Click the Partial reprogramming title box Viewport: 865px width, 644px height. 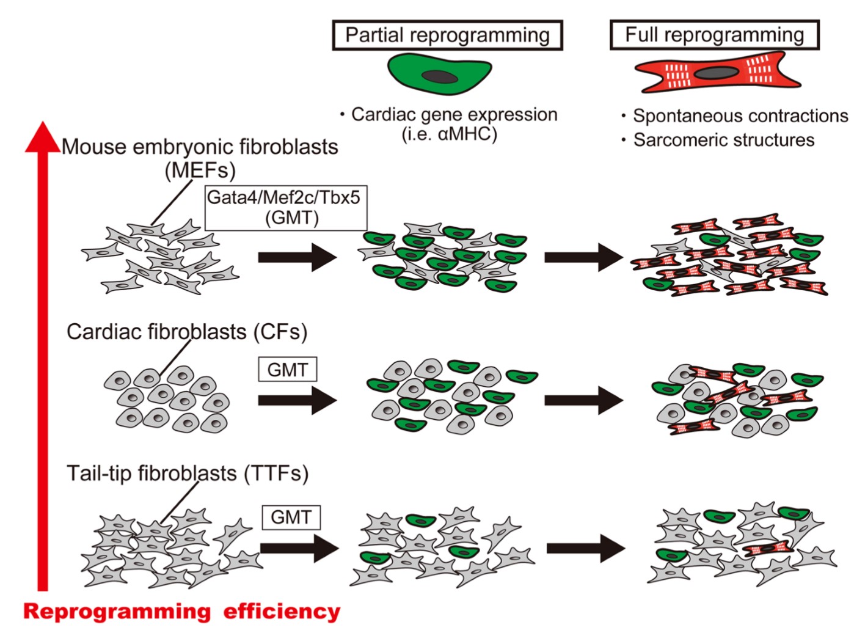point(447,35)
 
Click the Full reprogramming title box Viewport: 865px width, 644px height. point(714,35)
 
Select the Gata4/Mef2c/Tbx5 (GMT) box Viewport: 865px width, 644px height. point(285,208)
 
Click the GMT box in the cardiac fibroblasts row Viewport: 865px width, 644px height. point(287,370)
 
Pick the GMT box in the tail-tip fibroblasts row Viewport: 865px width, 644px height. point(291,518)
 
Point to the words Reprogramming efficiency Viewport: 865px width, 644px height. point(181,612)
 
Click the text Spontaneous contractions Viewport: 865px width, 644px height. point(740,116)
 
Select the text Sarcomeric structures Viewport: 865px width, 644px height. point(723,140)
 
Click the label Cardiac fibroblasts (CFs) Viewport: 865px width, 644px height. point(186,332)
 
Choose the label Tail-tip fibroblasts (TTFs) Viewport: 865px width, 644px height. point(187,474)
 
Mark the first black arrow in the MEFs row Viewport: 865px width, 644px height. point(297,257)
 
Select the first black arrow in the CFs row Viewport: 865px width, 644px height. point(297,401)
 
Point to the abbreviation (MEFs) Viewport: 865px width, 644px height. point(200,170)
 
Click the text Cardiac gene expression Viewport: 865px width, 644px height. point(454,115)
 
